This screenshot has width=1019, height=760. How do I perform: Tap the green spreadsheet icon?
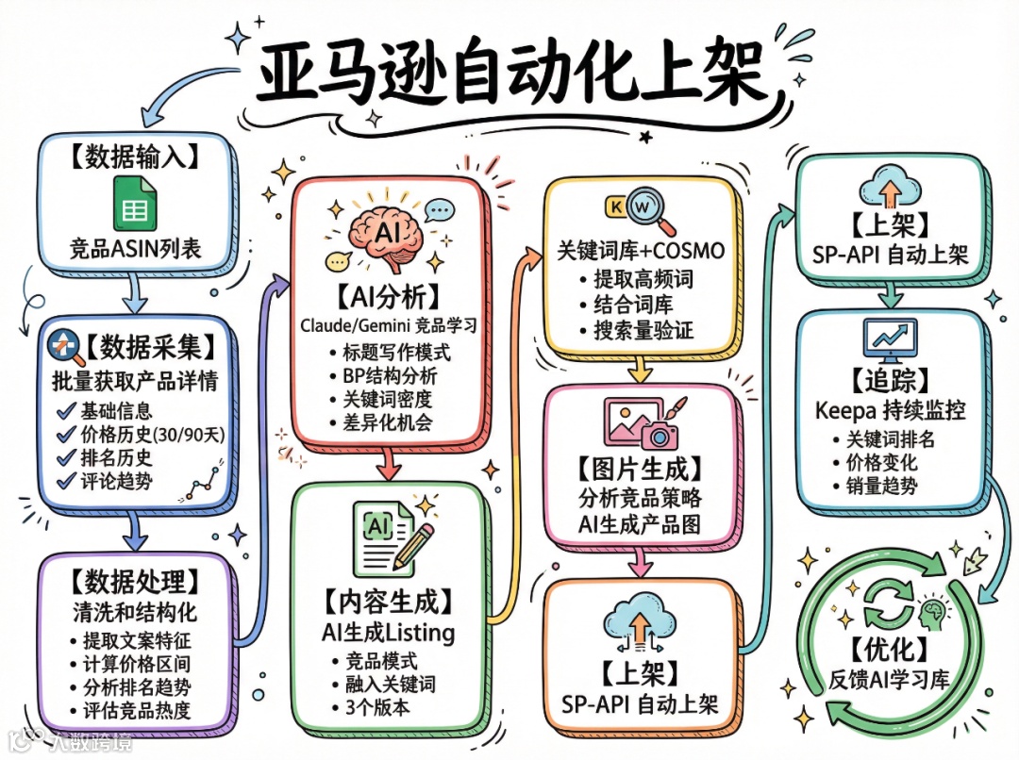click(x=135, y=203)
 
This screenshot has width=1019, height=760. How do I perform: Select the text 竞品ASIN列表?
click(x=135, y=250)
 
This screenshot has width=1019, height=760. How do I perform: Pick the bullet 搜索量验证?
click(x=641, y=330)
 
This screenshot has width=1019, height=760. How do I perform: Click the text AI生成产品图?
click(x=640, y=524)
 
